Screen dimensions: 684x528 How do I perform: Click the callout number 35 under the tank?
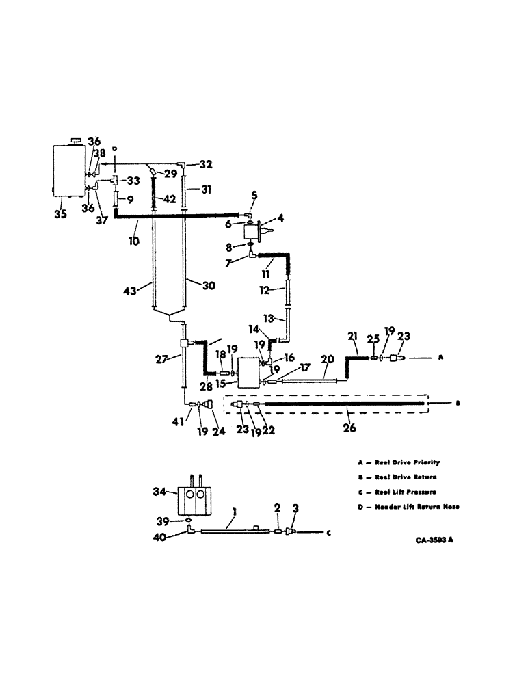(x=61, y=213)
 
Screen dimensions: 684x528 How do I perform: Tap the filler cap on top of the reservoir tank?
(x=75, y=140)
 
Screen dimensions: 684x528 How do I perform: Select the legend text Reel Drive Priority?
(x=409, y=462)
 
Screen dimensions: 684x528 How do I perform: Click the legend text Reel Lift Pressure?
(x=410, y=492)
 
